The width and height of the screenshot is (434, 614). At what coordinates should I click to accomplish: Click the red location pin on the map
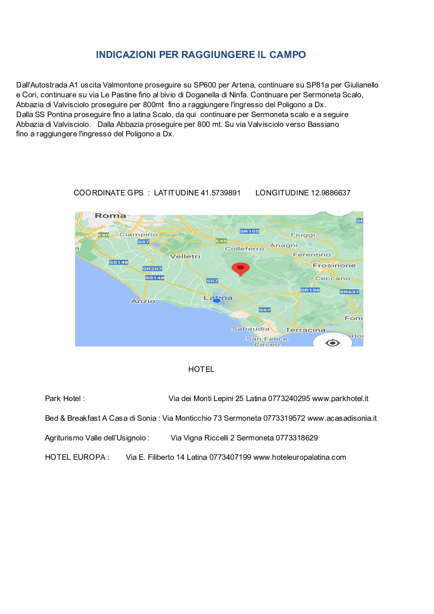click(241, 269)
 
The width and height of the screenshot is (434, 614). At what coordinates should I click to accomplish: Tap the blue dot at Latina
click(217, 300)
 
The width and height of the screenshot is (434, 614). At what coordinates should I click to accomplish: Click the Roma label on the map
click(110, 215)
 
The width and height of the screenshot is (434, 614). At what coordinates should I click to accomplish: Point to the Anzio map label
click(143, 301)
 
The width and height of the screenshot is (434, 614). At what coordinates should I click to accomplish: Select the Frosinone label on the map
click(334, 265)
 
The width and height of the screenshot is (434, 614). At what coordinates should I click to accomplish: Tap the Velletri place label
click(185, 256)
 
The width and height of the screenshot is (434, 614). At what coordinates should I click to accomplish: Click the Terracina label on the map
click(305, 330)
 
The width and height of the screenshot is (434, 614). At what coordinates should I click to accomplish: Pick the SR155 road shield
click(249, 231)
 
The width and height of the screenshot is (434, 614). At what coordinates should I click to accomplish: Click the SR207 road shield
click(152, 269)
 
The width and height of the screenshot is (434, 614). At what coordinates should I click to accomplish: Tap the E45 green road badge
click(221, 241)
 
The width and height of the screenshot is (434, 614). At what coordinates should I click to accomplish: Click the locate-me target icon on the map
click(332, 343)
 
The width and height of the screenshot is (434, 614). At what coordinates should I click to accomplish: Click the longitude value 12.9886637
click(330, 193)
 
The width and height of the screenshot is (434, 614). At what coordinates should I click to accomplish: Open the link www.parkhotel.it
click(340, 399)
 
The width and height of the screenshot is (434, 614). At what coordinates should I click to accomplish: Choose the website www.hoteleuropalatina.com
click(299, 457)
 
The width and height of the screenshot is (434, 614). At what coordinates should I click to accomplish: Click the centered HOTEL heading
click(201, 369)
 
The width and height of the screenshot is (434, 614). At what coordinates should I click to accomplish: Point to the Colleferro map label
click(244, 249)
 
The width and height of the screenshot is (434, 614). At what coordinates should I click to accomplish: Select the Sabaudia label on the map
click(251, 329)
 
